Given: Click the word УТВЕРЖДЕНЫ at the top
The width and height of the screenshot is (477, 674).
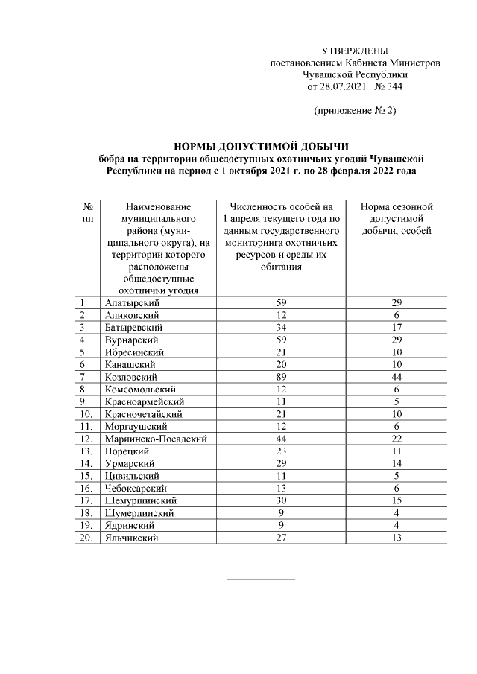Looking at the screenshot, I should (x=354, y=51).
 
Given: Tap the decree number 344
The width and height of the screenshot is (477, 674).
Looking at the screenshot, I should (x=393, y=86).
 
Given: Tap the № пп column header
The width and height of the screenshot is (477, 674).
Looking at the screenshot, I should (x=88, y=212).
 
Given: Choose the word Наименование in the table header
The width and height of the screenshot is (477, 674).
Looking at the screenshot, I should (x=159, y=206).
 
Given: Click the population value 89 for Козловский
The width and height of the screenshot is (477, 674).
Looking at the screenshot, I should (x=282, y=376).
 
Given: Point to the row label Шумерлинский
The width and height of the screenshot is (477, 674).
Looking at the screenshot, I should (x=140, y=513).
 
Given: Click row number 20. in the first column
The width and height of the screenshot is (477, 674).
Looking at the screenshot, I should (x=86, y=538).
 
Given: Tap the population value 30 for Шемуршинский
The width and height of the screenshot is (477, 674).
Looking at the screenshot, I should (x=282, y=501).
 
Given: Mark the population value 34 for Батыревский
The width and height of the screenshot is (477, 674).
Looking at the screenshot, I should (x=282, y=328).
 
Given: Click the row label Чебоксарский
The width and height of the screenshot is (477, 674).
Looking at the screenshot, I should (x=137, y=489).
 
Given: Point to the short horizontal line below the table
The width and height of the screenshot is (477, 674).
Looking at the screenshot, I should (x=260, y=578).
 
